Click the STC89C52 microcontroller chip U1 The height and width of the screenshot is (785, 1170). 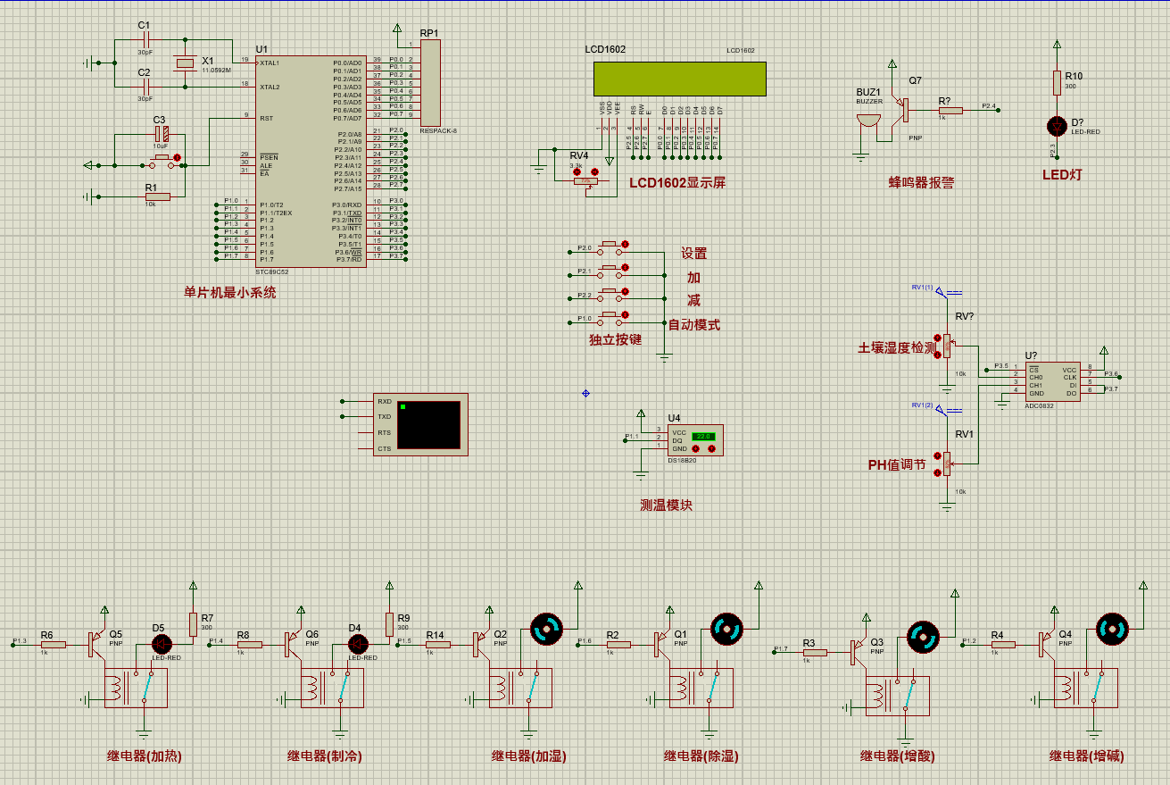click(x=310, y=161)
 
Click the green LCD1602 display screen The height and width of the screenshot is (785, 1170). click(x=679, y=78)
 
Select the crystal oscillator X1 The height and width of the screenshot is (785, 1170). click(x=185, y=63)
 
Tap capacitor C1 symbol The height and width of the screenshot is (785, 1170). click(x=145, y=39)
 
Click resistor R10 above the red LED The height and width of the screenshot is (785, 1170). click(x=1057, y=82)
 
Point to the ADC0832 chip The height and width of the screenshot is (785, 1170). click(x=1052, y=380)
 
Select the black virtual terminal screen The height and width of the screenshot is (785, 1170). click(x=429, y=425)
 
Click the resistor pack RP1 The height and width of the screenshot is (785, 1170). click(x=430, y=82)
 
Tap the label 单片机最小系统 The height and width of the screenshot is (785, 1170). click(x=230, y=292)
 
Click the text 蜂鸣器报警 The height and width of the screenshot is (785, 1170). click(x=921, y=182)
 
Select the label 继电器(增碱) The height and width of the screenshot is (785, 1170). click(x=1086, y=756)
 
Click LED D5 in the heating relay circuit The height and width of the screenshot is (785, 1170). click(x=162, y=643)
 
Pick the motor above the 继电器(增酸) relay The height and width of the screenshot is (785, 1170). click(x=923, y=638)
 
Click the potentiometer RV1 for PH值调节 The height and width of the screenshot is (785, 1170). click(x=947, y=463)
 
